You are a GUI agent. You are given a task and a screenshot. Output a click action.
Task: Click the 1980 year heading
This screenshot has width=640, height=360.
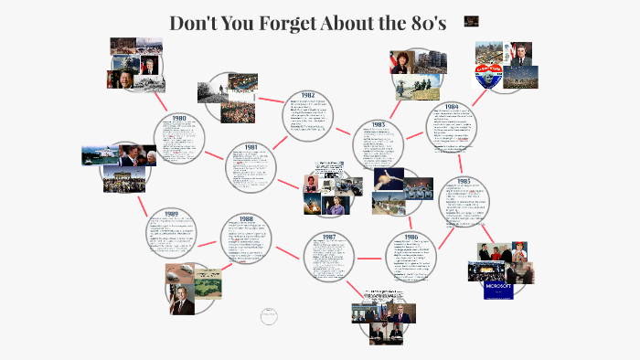tap(179, 118)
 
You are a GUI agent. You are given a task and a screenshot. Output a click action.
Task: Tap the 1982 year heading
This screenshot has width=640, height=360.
tap(307, 95)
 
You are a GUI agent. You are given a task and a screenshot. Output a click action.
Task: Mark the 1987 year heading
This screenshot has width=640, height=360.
tap(328, 237)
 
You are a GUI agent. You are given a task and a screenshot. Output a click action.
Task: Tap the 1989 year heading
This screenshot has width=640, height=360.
tap(171, 213)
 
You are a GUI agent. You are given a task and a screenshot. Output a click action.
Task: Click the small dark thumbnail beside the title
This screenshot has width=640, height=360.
tap(471, 21)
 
